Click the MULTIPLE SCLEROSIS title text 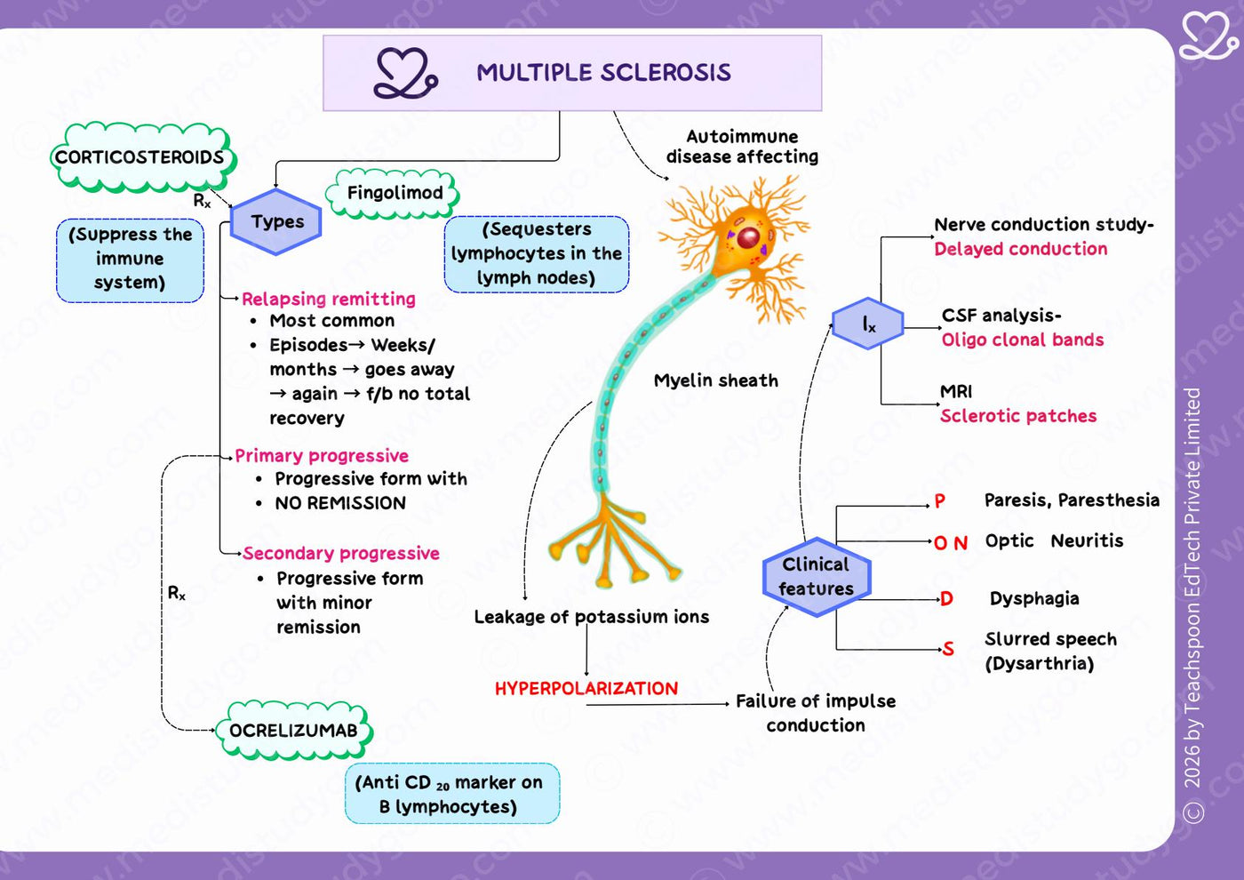[x=603, y=73]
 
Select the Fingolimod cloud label [x=394, y=194]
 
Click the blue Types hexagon [x=276, y=221]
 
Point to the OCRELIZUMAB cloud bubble [x=294, y=730]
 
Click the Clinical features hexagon [x=817, y=577]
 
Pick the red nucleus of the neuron [x=748, y=237]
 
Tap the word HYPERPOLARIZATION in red [x=586, y=688]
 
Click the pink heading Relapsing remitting [x=329, y=300]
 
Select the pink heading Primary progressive [x=322, y=456]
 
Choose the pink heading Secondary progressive [x=341, y=553]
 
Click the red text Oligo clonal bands [x=1023, y=340]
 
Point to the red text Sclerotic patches [x=1018, y=416]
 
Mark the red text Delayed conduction [x=1021, y=249]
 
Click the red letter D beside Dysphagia [x=947, y=598]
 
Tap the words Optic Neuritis [x=1054, y=540]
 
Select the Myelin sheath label [x=716, y=380]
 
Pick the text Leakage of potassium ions [x=592, y=617]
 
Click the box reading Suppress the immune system [x=130, y=260]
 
